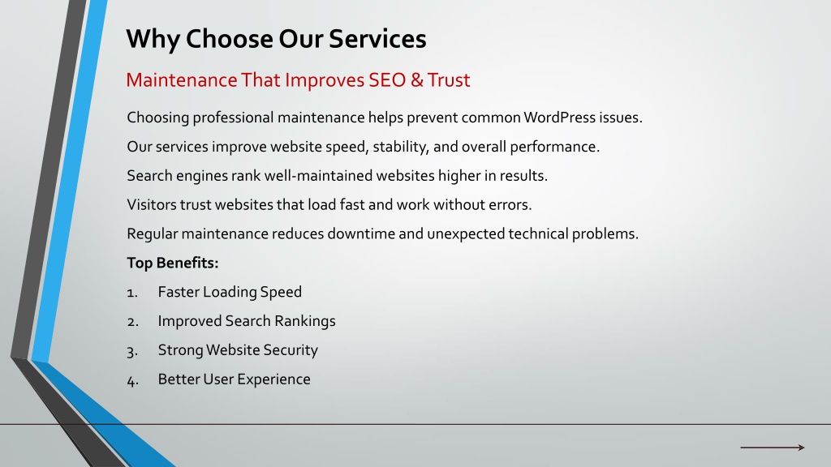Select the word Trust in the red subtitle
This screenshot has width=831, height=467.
[448, 80]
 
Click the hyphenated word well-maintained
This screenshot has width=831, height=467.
[349, 175]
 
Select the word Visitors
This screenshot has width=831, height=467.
[151, 204]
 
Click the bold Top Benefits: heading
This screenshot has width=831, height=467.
[173, 263]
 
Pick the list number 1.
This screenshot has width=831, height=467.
[132, 292]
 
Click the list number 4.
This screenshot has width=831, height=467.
[132, 380]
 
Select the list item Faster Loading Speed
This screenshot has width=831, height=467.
[230, 292]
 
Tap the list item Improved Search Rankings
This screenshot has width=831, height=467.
[247, 321]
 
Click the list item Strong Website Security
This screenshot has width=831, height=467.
[238, 350]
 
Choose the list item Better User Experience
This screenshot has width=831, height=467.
[235, 379]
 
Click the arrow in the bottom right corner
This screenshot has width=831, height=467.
[773, 448]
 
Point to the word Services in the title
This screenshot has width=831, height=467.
[377, 39]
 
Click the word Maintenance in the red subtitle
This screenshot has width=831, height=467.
[181, 80]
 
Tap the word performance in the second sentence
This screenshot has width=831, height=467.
[554, 147]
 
